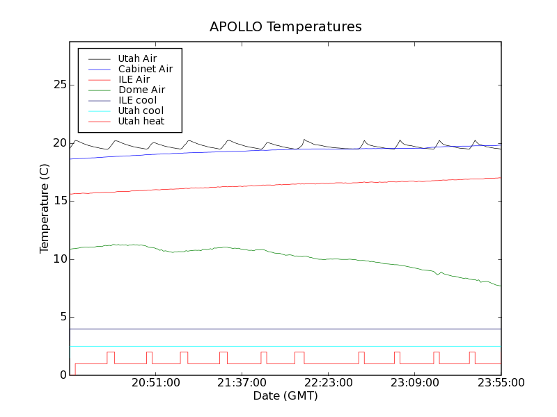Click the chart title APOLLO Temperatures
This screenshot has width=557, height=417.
285,27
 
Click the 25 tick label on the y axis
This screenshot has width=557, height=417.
59,85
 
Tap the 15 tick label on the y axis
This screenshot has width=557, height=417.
59,201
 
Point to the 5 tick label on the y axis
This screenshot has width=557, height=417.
62,317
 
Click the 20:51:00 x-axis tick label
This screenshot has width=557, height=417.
156,383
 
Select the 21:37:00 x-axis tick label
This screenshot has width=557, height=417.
242,383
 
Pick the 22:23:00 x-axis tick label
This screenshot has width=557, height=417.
329,383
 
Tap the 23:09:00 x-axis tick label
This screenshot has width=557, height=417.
415,383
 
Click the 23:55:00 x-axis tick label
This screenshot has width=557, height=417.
501,383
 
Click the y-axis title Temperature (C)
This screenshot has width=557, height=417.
45,208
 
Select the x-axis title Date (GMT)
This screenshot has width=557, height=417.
285,396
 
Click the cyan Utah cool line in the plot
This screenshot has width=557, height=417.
278,346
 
